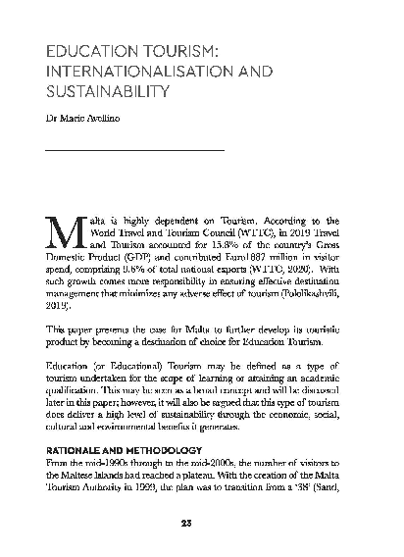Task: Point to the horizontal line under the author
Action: [137, 149]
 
